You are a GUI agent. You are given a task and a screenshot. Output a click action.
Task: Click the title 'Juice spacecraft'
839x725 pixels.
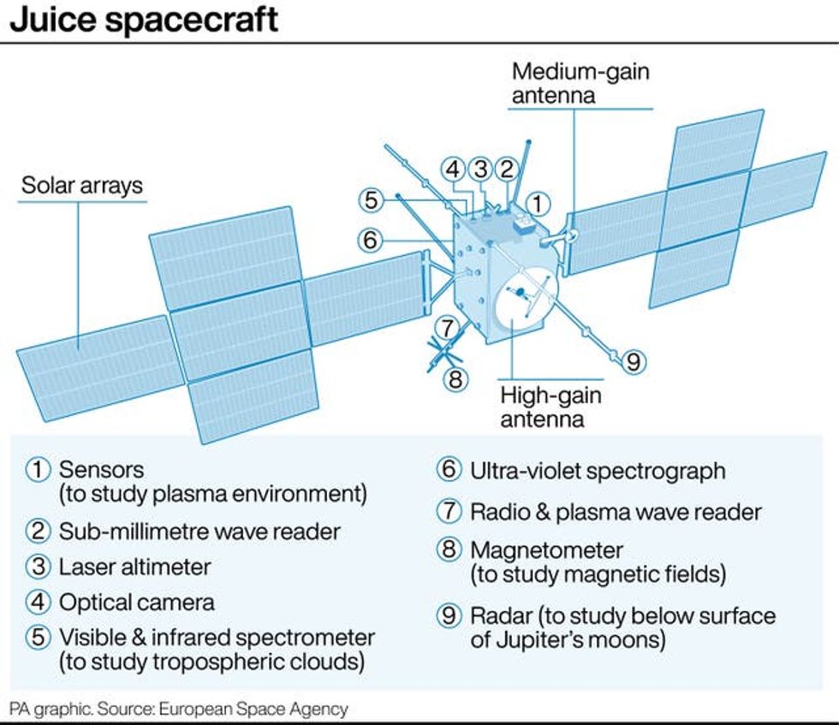pyautogui.click(x=144, y=19)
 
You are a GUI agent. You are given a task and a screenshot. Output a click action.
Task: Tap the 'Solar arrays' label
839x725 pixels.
pyautogui.click(x=82, y=185)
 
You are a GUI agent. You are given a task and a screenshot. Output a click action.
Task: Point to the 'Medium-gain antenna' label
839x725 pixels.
pyautogui.click(x=580, y=82)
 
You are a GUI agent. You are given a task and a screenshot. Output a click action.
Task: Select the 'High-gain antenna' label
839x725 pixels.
pyautogui.click(x=550, y=407)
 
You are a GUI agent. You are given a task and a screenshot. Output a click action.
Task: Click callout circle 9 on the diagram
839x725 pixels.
pyautogui.click(x=633, y=361)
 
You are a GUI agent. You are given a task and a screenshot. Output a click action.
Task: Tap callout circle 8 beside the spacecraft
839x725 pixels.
pyautogui.click(x=456, y=378)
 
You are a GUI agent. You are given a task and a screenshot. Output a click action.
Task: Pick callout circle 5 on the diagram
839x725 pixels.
pyautogui.click(x=371, y=200)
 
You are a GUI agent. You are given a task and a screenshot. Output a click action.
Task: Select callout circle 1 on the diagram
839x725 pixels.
pyautogui.click(x=536, y=204)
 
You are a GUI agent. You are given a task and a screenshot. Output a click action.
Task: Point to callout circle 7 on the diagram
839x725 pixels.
pyautogui.click(x=445, y=327)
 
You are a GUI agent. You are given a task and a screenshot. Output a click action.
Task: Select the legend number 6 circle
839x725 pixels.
pyautogui.click(x=449, y=471)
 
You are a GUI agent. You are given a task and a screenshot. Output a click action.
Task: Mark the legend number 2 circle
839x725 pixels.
pyautogui.click(x=39, y=531)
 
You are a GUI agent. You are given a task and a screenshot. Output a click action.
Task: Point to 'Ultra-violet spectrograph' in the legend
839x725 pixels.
pyautogui.click(x=598, y=471)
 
